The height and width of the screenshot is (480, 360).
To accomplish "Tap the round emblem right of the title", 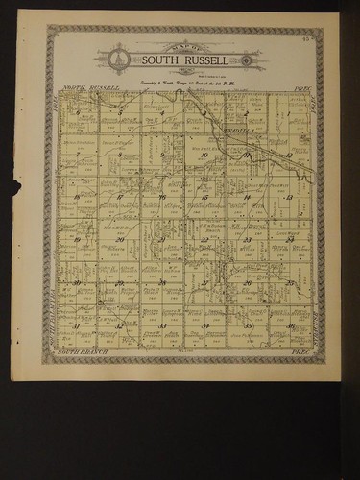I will coord(248,60).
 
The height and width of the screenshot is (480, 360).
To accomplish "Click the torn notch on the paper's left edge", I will coord(16,186).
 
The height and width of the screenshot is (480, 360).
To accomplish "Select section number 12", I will coord(288,154).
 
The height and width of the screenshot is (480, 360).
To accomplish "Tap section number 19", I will coord(77,240).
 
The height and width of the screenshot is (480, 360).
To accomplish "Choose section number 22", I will coord(204,240).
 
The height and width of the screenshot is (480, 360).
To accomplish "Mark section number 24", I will coord(288,240).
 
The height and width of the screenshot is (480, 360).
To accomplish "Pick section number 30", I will coord(77,283).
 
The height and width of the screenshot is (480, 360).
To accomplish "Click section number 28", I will coord(161,283).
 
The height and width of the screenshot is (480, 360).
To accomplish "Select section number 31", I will coord(77,326).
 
